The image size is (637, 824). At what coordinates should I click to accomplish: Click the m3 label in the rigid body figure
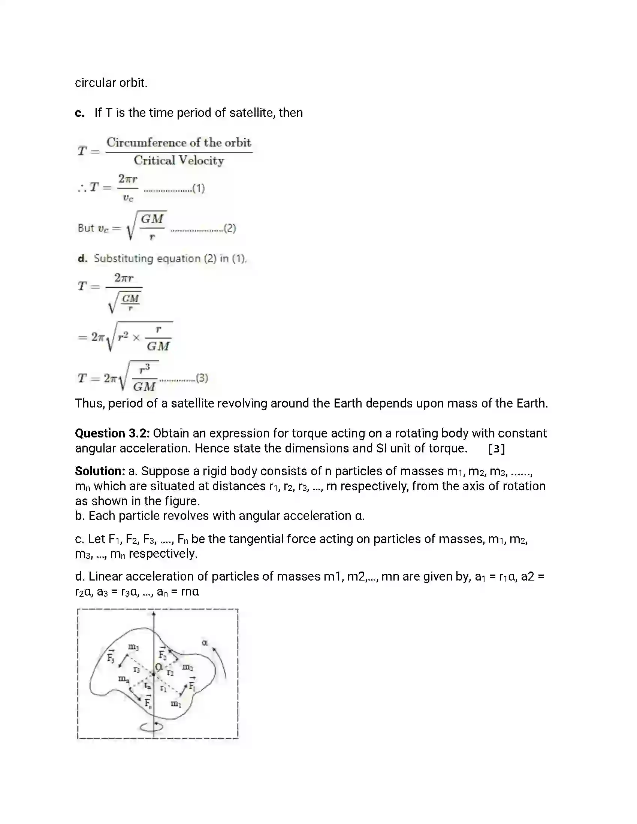[x=133, y=648]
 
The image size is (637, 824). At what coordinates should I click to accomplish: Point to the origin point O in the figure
[x=159, y=667]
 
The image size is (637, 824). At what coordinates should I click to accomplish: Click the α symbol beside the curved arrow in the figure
[x=205, y=642]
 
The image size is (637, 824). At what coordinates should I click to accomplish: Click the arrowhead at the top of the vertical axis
[x=154, y=614]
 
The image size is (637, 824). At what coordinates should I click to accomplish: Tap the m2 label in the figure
[x=188, y=667]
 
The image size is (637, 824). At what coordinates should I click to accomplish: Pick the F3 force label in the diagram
[x=111, y=657]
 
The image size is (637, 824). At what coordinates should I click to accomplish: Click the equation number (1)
[x=199, y=188]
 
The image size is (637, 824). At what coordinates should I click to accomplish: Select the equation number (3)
[x=202, y=378]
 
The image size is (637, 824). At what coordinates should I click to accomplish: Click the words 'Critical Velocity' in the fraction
[x=179, y=161]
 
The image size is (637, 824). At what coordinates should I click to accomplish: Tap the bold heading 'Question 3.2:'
[x=112, y=433]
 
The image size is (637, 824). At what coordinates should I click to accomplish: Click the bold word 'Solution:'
[x=100, y=471]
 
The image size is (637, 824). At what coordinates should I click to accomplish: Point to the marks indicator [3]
[x=496, y=449]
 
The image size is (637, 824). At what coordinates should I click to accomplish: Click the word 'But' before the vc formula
[x=86, y=228]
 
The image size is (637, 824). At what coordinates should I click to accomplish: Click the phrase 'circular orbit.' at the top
[x=111, y=83]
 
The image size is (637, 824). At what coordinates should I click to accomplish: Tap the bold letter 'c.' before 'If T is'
[x=79, y=113]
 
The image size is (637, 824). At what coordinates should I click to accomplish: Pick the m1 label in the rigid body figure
[x=176, y=703]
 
